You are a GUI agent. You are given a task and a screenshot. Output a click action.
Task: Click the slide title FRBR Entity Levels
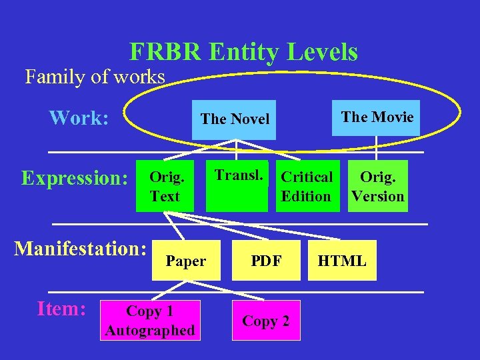click(x=243, y=51)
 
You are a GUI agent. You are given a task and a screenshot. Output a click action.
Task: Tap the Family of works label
click(x=95, y=77)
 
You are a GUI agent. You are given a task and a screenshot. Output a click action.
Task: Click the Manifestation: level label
click(x=81, y=249)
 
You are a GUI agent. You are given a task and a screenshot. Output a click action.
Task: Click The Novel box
click(x=234, y=119)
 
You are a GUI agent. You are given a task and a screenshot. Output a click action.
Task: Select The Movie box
click(x=377, y=117)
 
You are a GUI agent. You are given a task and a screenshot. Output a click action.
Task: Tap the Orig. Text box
click(x=165, y=186)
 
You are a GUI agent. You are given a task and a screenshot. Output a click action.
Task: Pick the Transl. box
click(x=237, y=186)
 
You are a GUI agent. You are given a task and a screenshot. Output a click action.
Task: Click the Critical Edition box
click(x=307, y=186)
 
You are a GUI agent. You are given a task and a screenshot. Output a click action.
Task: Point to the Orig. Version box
click(x=378, y=186)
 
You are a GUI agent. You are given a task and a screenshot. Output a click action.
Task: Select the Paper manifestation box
click(x=185, y=261)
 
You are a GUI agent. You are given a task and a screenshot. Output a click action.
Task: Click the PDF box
click(x=266, y=261)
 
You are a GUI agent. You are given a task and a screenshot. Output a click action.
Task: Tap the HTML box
click(x=342, y=261)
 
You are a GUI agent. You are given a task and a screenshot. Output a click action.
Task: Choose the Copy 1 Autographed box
click(x=149, y=321)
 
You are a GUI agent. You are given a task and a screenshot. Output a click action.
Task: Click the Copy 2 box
click(x=265, y=321)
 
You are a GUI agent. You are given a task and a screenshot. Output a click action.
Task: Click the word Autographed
click(x=149, y=330)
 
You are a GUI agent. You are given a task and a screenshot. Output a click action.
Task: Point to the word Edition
click(x=306, y=196)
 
